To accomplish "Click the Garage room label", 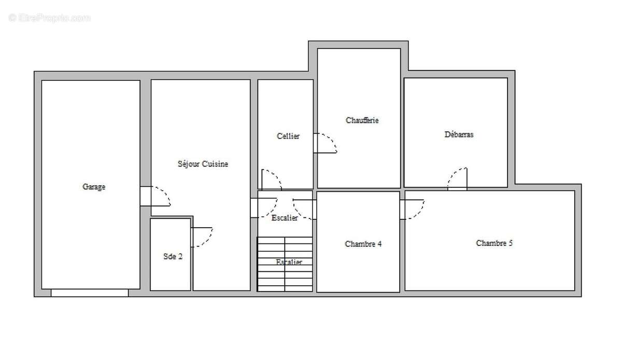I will point(94,187).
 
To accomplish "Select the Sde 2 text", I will point(173,256).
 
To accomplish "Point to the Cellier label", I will point(288,136).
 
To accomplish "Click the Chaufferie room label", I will point(362,120).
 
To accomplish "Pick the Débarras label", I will point(459,134).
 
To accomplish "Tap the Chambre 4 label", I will point(363,244).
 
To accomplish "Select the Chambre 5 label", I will point(494,243).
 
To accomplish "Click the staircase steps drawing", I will point(285,265).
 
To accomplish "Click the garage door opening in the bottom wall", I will point(90,293).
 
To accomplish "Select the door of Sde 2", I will point(201,237).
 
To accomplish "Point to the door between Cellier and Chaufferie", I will point(325,143).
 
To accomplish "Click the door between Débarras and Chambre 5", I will point(458,179).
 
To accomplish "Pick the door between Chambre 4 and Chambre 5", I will point(412,209).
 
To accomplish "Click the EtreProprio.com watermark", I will point(49,18).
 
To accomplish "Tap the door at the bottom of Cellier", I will point(271,179).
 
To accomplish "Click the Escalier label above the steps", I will point(285,218).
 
